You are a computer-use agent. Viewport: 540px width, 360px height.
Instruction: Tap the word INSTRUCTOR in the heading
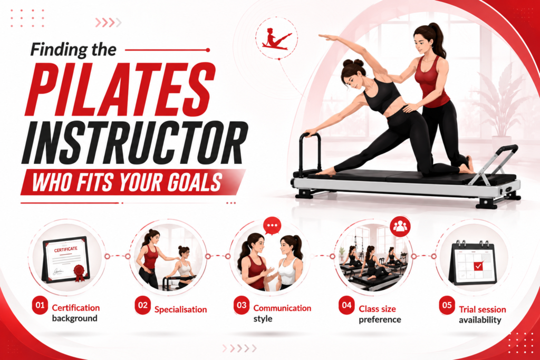134,142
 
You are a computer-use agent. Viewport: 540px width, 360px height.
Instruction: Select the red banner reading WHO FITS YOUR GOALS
133,182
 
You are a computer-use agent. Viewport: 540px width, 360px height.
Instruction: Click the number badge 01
40,305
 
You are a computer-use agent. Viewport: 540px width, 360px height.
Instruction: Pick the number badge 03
242,305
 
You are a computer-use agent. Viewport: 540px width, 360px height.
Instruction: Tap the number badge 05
447,305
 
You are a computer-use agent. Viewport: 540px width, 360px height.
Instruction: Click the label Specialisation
180,309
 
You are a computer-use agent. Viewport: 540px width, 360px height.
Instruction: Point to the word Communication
282,308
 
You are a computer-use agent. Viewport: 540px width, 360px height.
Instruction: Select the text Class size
377,309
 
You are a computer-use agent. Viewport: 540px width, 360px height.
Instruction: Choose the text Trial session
482,309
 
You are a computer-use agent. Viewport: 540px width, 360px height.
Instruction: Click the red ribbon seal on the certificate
79,273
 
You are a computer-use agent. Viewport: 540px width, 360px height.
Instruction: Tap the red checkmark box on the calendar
478,266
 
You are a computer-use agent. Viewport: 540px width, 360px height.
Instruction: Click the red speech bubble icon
272,226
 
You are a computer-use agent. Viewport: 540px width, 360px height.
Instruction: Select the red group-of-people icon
400,226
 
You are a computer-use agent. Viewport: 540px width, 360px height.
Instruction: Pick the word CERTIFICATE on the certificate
65,249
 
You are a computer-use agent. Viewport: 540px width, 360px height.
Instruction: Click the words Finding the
73,49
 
